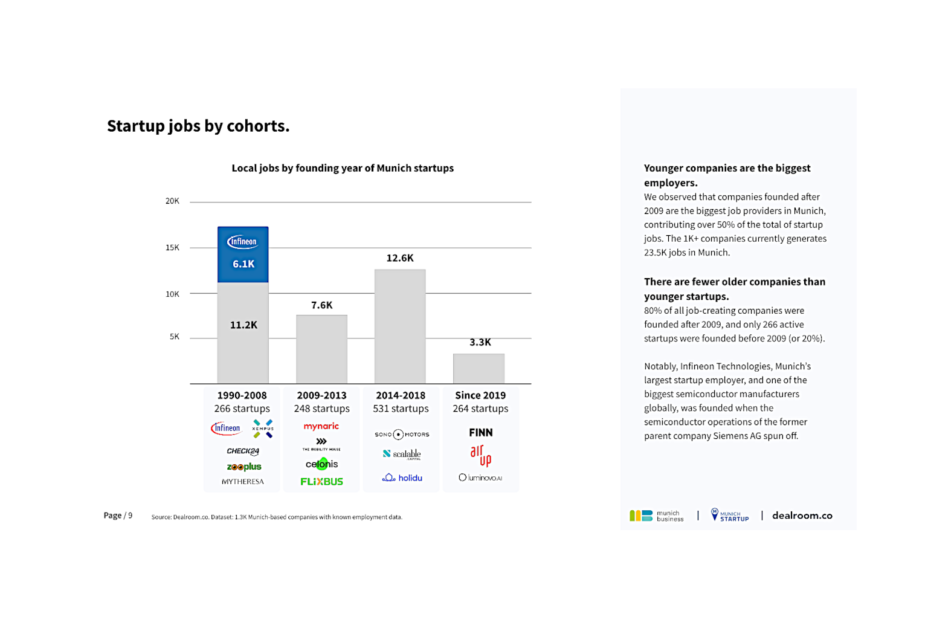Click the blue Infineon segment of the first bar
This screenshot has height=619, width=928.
click(243, 254)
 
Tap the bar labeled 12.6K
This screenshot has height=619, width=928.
click(400, 326)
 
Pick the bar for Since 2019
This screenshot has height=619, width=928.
click(479, 369)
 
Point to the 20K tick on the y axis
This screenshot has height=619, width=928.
click(172, 201)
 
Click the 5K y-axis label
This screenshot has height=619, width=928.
click(174, 337)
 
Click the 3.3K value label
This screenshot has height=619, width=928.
click(480, 342)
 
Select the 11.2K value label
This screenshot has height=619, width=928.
click(243, 325)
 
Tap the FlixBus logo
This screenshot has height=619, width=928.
click(321, 482)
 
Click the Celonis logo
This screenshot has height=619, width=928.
click(321, 464)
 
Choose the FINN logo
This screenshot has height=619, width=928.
click(481, 433)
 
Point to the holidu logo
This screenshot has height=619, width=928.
click(402, 478)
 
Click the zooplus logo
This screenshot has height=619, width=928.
click(244, 467)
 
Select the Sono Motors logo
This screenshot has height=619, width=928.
click(402, 435)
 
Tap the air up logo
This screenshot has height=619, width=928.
click(481, 455)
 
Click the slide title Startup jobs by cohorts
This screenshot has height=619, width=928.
click(198, 126)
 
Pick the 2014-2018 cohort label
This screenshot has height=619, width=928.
click(401, 395)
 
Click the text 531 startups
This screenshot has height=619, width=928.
click(401, 409)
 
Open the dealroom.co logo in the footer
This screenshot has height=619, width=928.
click(802, 516)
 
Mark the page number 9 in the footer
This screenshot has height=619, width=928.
click(130, 516)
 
